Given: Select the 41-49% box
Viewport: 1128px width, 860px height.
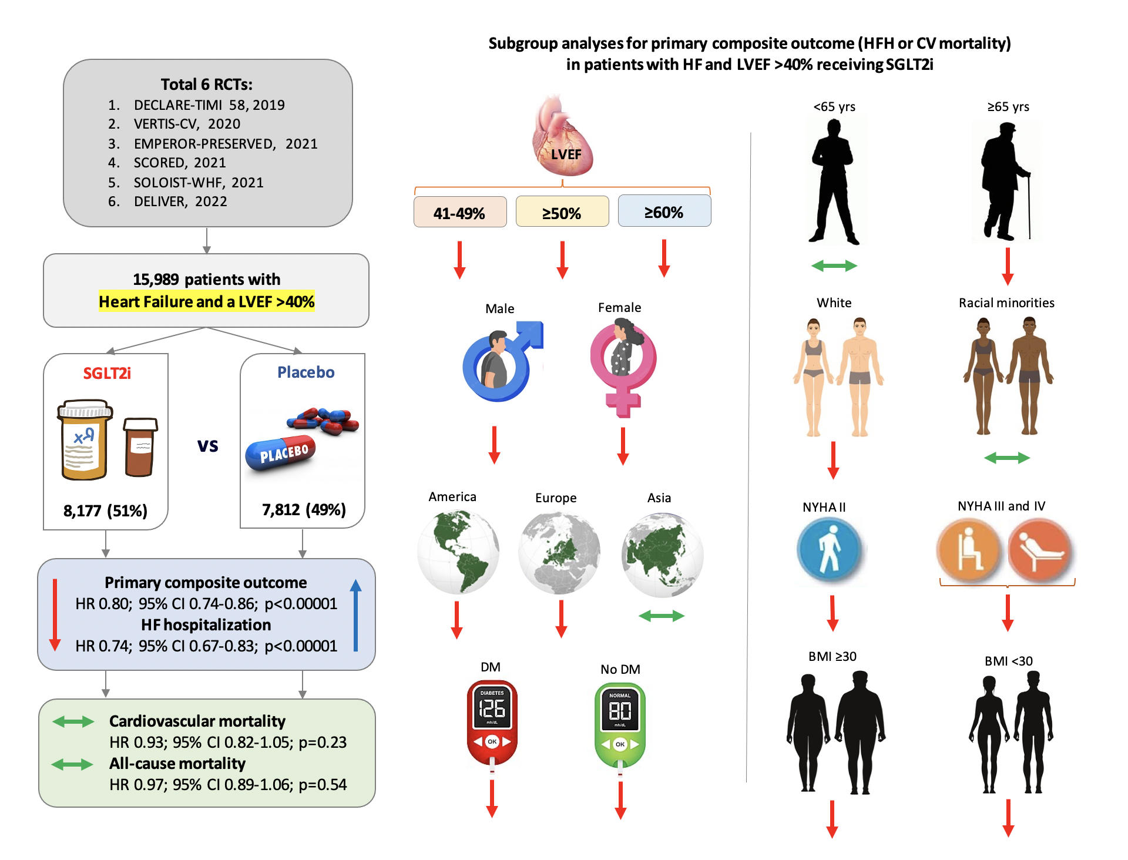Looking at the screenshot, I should (x=459, y=212).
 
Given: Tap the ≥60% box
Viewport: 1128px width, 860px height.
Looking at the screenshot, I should (x=664, y=211).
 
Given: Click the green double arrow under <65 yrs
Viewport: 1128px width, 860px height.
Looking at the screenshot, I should (x=834, y=266).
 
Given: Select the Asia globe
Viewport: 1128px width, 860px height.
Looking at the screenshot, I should (x=662, y=555).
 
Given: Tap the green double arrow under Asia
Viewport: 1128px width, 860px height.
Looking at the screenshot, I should (x=662, y=616).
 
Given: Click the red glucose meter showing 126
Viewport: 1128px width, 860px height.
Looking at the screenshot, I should (x=492, y=723).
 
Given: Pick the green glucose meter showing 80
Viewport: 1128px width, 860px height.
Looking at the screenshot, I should (x=620, y=725).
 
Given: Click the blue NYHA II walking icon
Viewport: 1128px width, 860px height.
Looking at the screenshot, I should (x=830, y=550).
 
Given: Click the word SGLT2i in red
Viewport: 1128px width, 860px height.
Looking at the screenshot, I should (x=107, y=373).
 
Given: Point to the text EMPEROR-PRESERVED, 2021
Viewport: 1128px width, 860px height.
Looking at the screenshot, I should (x=226, y=144).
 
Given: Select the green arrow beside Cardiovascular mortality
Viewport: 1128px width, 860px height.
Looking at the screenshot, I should (x=73, y=721).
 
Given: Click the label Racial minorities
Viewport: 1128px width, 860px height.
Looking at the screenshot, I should (x=1006, y=303).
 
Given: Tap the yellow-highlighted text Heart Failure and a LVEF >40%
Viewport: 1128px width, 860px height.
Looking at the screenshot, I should (x=206, y=301).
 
